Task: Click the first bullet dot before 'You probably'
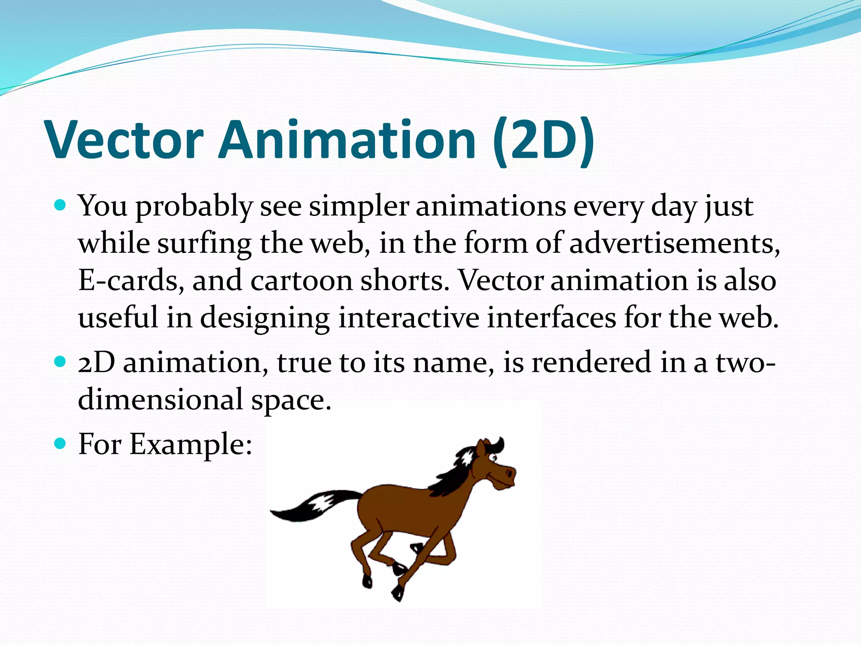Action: pos(61,205)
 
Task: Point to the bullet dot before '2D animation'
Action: pos(61,362)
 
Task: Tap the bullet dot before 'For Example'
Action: pos(61,443)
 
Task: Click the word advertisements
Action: pos(674,244)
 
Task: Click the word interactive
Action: pos(408,317)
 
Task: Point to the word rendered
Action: pos(591,362)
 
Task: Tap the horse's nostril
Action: pos(510,473)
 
